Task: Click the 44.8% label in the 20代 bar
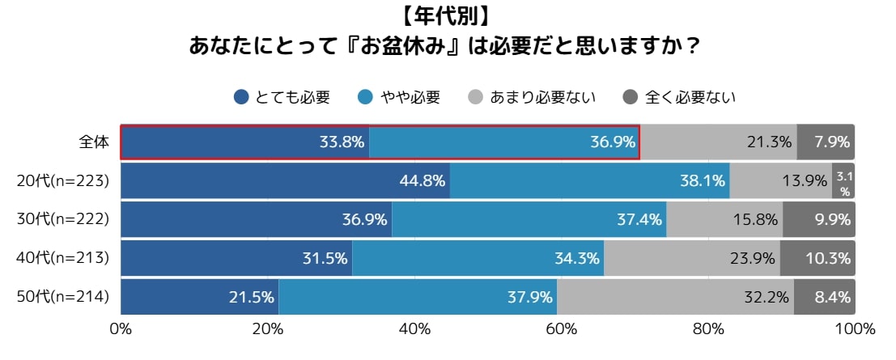[423, 181]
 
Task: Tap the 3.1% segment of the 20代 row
[843, 181]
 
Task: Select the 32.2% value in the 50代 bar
[766, 298]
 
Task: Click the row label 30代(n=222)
[63, 219]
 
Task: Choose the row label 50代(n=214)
[63, 298]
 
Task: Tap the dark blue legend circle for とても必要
[241, 98]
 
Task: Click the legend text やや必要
[411, 98]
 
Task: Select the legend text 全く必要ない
[690, 98]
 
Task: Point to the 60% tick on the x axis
[561, 329]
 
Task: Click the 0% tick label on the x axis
[121, 329]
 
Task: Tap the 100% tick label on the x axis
[854, 329]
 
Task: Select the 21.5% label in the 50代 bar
[251, 298]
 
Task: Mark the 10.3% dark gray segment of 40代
[826, 259]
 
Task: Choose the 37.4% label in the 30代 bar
[639, 219]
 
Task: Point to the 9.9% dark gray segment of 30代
[830, 219]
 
